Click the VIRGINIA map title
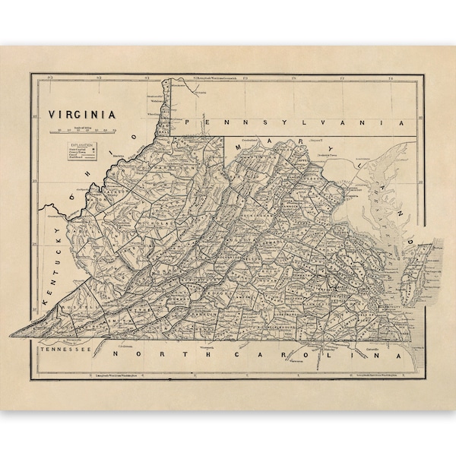[x=82, y=115]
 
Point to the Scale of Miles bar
[x=84, y=131]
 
